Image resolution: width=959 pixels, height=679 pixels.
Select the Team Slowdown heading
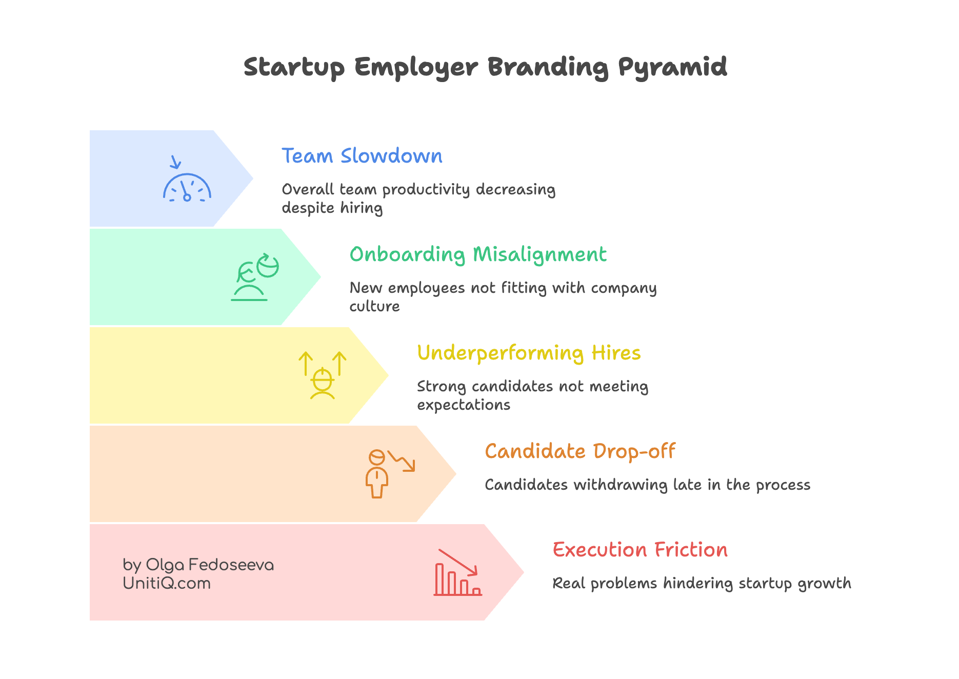362,156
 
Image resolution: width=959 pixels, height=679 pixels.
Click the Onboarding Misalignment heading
478,254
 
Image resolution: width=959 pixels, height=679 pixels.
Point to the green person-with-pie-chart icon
255,277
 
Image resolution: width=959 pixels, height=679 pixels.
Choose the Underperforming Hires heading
529,353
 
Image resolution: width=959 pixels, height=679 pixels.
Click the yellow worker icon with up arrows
323,375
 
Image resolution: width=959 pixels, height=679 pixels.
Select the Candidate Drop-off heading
580,451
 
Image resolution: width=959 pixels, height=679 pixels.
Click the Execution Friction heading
640,550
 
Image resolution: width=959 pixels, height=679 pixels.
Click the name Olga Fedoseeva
210,565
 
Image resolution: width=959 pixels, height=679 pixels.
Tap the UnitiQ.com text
167,583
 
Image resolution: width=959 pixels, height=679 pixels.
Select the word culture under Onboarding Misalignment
374,306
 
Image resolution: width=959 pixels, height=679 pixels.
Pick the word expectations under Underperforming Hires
464,405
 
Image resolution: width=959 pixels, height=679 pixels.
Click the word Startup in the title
294,67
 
